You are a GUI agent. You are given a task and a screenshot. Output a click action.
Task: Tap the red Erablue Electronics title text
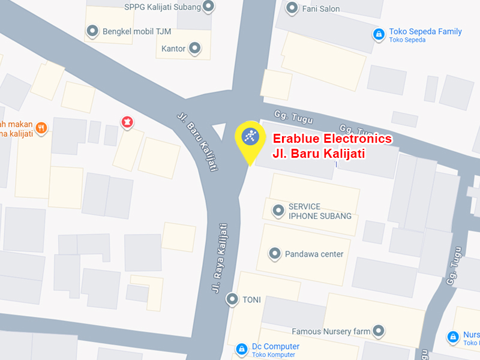click(332, 139)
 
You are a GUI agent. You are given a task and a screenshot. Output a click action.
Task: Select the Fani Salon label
click(320, 9)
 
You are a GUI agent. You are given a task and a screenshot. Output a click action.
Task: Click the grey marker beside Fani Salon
click(292, 8)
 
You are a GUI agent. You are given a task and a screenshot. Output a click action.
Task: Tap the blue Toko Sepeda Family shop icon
click(378, 34)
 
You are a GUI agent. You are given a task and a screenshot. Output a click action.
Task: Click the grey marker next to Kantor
click(195, 48)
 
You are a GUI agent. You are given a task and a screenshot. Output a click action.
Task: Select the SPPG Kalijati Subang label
click(162, 7)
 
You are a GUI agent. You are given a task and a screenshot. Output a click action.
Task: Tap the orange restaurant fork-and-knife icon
click(41, 127)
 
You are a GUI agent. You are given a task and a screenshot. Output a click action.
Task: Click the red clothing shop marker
click(127, 122)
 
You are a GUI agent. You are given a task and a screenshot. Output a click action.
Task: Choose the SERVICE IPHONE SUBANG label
click(320, 211)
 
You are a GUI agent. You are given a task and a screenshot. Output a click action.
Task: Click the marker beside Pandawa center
click(274, 254)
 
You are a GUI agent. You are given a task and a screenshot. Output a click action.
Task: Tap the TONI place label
click(251, 299)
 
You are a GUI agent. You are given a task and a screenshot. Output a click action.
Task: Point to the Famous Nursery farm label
click(331, 331)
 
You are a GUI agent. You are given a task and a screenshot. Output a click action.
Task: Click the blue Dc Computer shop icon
click(241, 348)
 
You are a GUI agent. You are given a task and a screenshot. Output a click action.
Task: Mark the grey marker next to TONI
click(232, 299)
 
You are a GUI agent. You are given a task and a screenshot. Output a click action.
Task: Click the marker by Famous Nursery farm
click(378, 331)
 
